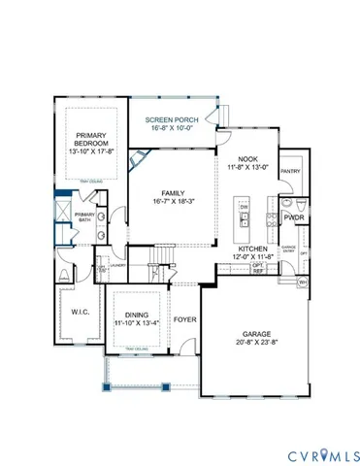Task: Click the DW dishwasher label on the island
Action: click(x=245, y=208)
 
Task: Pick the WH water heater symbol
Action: click(x=302, y=283)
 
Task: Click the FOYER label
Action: click(x=184, y=318)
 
